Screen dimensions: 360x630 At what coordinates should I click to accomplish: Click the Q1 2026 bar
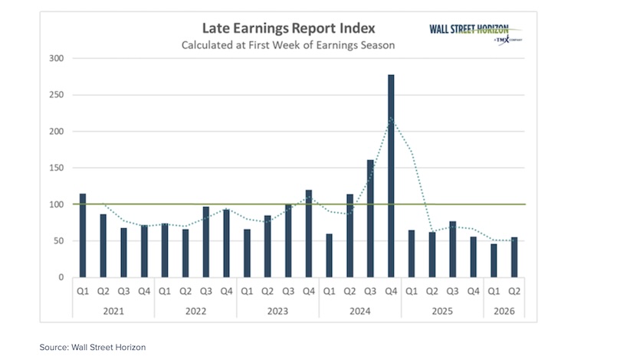(x=494, y=260)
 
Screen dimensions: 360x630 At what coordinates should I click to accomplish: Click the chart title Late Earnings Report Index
(x=288, y=28)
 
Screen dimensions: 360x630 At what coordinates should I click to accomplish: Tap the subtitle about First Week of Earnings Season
(x=288, y=44)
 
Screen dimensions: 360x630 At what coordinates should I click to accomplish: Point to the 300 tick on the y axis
(x=57, y=58)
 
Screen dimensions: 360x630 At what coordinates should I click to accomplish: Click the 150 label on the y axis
(x=57, y=168)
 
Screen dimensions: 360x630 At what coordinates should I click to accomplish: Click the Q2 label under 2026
(x=515, y=291)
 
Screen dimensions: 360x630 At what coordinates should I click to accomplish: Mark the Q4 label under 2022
(x=227, y=291)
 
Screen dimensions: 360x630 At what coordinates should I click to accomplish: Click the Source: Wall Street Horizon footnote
(x=93, y=347)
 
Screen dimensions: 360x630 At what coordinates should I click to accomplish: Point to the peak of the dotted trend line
(x=392, y=118)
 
